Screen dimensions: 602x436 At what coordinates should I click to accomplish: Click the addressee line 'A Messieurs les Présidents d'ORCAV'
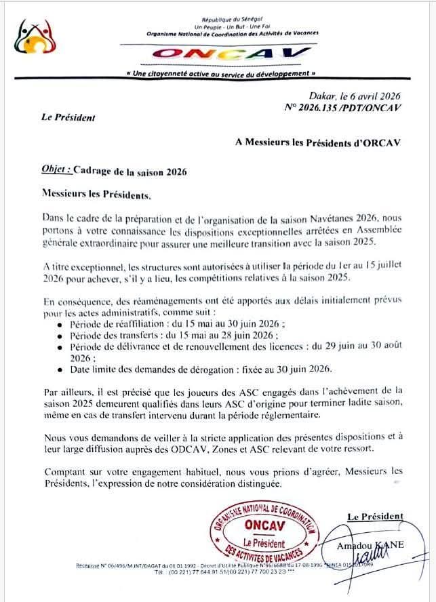click(x=318, y=142)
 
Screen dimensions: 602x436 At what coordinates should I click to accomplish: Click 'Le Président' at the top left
click(x=68, y=117)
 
